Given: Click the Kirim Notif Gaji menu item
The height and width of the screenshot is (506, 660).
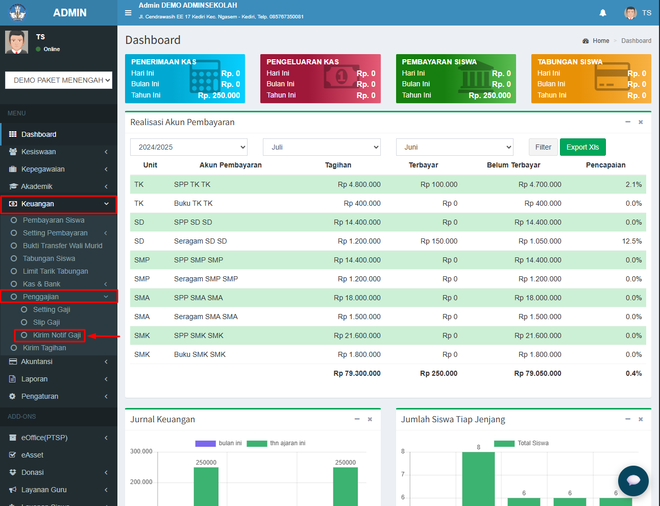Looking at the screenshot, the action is (57, 335).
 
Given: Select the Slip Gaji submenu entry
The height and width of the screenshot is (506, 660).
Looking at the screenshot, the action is (46, 322).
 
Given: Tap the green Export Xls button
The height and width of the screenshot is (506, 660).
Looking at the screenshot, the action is (582, 147).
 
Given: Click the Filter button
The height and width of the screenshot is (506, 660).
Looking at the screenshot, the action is (543, 147).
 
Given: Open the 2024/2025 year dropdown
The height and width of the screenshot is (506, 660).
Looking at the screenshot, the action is (189, 147).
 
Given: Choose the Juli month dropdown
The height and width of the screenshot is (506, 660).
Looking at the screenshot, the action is (322, 147).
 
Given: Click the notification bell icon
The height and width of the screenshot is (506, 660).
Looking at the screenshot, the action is (603, 13).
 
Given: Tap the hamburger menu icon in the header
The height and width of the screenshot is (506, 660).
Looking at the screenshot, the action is (128, 13).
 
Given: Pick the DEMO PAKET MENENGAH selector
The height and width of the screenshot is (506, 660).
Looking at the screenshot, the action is (59, 80).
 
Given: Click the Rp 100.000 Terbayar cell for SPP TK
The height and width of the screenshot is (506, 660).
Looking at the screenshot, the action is (438, 184).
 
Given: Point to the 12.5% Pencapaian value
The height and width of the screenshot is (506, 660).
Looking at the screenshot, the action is (631, 241).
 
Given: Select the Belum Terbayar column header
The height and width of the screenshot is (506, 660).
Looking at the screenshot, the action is (514, 165).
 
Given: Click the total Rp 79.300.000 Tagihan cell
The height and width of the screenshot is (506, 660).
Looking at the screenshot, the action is (357, 373).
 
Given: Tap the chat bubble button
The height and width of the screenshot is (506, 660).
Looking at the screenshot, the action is (633, 480).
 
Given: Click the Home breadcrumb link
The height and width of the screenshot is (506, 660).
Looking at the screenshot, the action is (601, 41).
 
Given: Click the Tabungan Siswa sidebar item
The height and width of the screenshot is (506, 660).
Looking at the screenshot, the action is (49, 258).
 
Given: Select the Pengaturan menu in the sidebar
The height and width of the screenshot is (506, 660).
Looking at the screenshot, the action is (40, 396).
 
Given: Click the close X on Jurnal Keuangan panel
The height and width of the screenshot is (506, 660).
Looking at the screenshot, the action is (370, 419).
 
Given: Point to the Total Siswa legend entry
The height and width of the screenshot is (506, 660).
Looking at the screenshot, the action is (521, 443).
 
